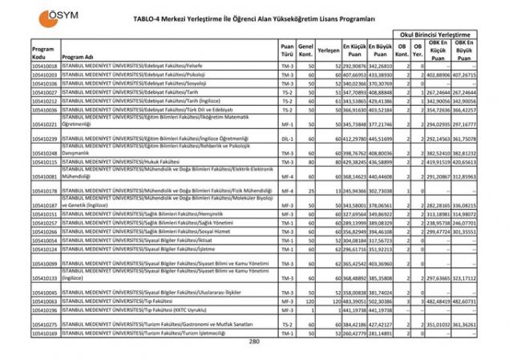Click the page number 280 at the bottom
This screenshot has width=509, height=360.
click(x=254, y=342)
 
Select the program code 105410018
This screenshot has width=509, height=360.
click(x=45, y=66)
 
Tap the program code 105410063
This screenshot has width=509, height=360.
click(x=45, y=301)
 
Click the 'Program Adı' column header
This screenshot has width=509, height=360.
click(x=78, y=58)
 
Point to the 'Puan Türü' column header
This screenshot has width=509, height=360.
click(x=287, y=53)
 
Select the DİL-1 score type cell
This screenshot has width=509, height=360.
click(x=287, y=139)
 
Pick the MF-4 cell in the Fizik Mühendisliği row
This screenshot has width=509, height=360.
click(x=287, y=192)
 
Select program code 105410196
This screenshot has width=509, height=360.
click(x=45, y=309)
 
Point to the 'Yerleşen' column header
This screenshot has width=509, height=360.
click(x=329, y=49)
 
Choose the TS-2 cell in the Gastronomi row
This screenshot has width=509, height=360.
click(x=287, y=325)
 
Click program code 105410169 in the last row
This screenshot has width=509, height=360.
click(x=45, y=333)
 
